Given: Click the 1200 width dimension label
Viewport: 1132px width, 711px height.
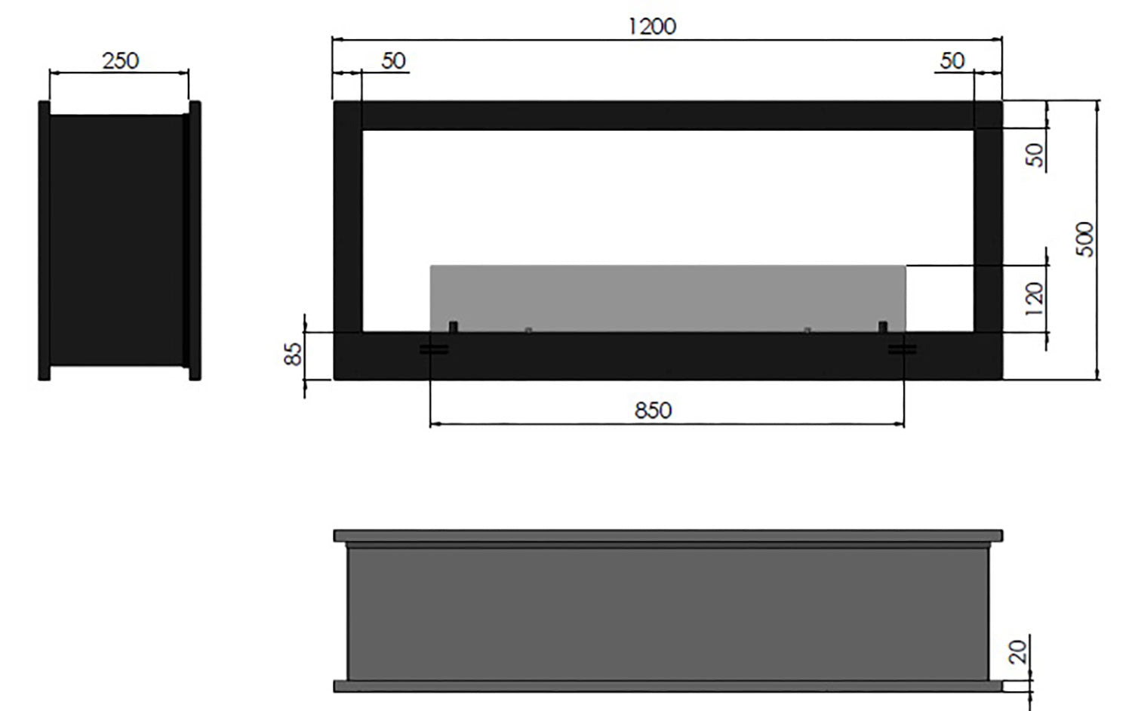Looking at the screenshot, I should coord(652,26).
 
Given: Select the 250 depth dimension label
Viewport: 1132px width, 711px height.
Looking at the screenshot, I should coord(121,60).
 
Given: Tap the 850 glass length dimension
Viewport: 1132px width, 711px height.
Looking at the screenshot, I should coord(653,410).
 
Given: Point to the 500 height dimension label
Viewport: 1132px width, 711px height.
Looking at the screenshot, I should coord(1084,239).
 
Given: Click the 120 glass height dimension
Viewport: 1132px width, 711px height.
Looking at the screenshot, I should coord(1035,294).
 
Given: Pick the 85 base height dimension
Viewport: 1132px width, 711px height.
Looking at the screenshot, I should coord(294,353).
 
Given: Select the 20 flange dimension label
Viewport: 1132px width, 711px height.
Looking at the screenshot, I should coord(1019,651).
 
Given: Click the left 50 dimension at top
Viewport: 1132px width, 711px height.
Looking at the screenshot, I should coord(393,60).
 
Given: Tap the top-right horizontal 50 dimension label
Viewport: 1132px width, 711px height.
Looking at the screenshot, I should coord(952,60).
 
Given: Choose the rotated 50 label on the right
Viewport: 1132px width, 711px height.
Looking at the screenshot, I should coord(1036,155).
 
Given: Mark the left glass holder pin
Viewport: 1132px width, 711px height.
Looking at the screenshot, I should coord(454,327).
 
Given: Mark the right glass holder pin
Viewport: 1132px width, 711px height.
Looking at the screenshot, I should coord(881,327).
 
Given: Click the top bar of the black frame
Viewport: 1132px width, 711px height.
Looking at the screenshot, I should coord(668,115).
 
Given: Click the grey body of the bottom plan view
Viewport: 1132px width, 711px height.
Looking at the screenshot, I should coord(668,611).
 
